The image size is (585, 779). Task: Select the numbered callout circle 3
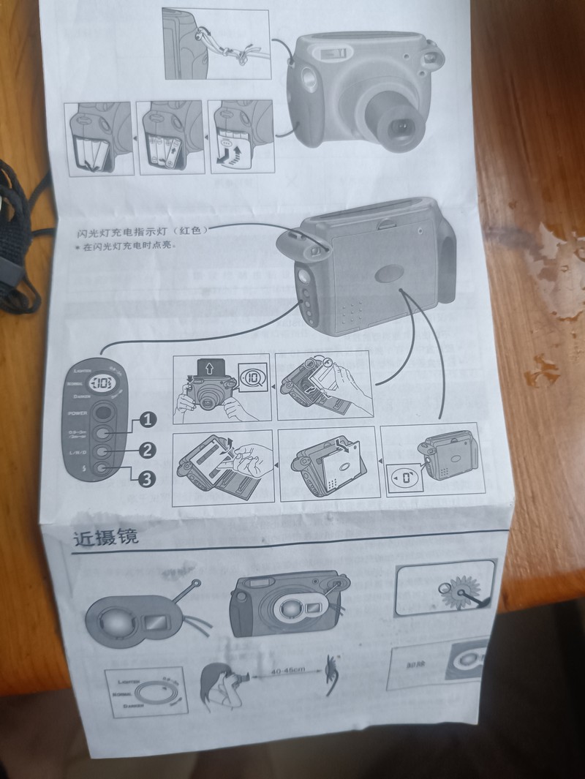click(x=147, y=479)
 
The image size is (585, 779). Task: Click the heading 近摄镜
click(x=106, y=538)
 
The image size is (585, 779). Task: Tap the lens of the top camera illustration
click(x=401, y=126)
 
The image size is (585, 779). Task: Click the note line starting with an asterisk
click(x=129, y=246)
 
